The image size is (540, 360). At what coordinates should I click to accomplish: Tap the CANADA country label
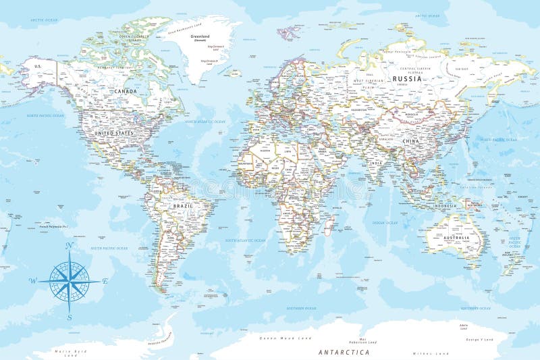point(126,91)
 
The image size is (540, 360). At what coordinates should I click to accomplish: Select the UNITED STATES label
point(115,133)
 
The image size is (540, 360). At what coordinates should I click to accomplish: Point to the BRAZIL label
point(182,205)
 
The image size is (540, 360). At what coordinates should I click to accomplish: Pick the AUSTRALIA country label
point(456,238)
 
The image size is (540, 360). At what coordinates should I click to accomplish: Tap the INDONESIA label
point(446,205)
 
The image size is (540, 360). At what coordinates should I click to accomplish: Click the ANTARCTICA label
point(344,352)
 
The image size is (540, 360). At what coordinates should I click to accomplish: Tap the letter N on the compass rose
point(69,247)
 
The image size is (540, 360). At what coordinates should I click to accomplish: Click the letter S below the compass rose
point(69,316)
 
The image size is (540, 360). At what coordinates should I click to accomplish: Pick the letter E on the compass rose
point(105,281)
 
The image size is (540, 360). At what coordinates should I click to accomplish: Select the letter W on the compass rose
point(32,281)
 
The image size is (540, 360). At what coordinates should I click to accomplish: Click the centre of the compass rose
point(69,281)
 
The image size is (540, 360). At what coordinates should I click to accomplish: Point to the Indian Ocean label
point(383,222)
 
